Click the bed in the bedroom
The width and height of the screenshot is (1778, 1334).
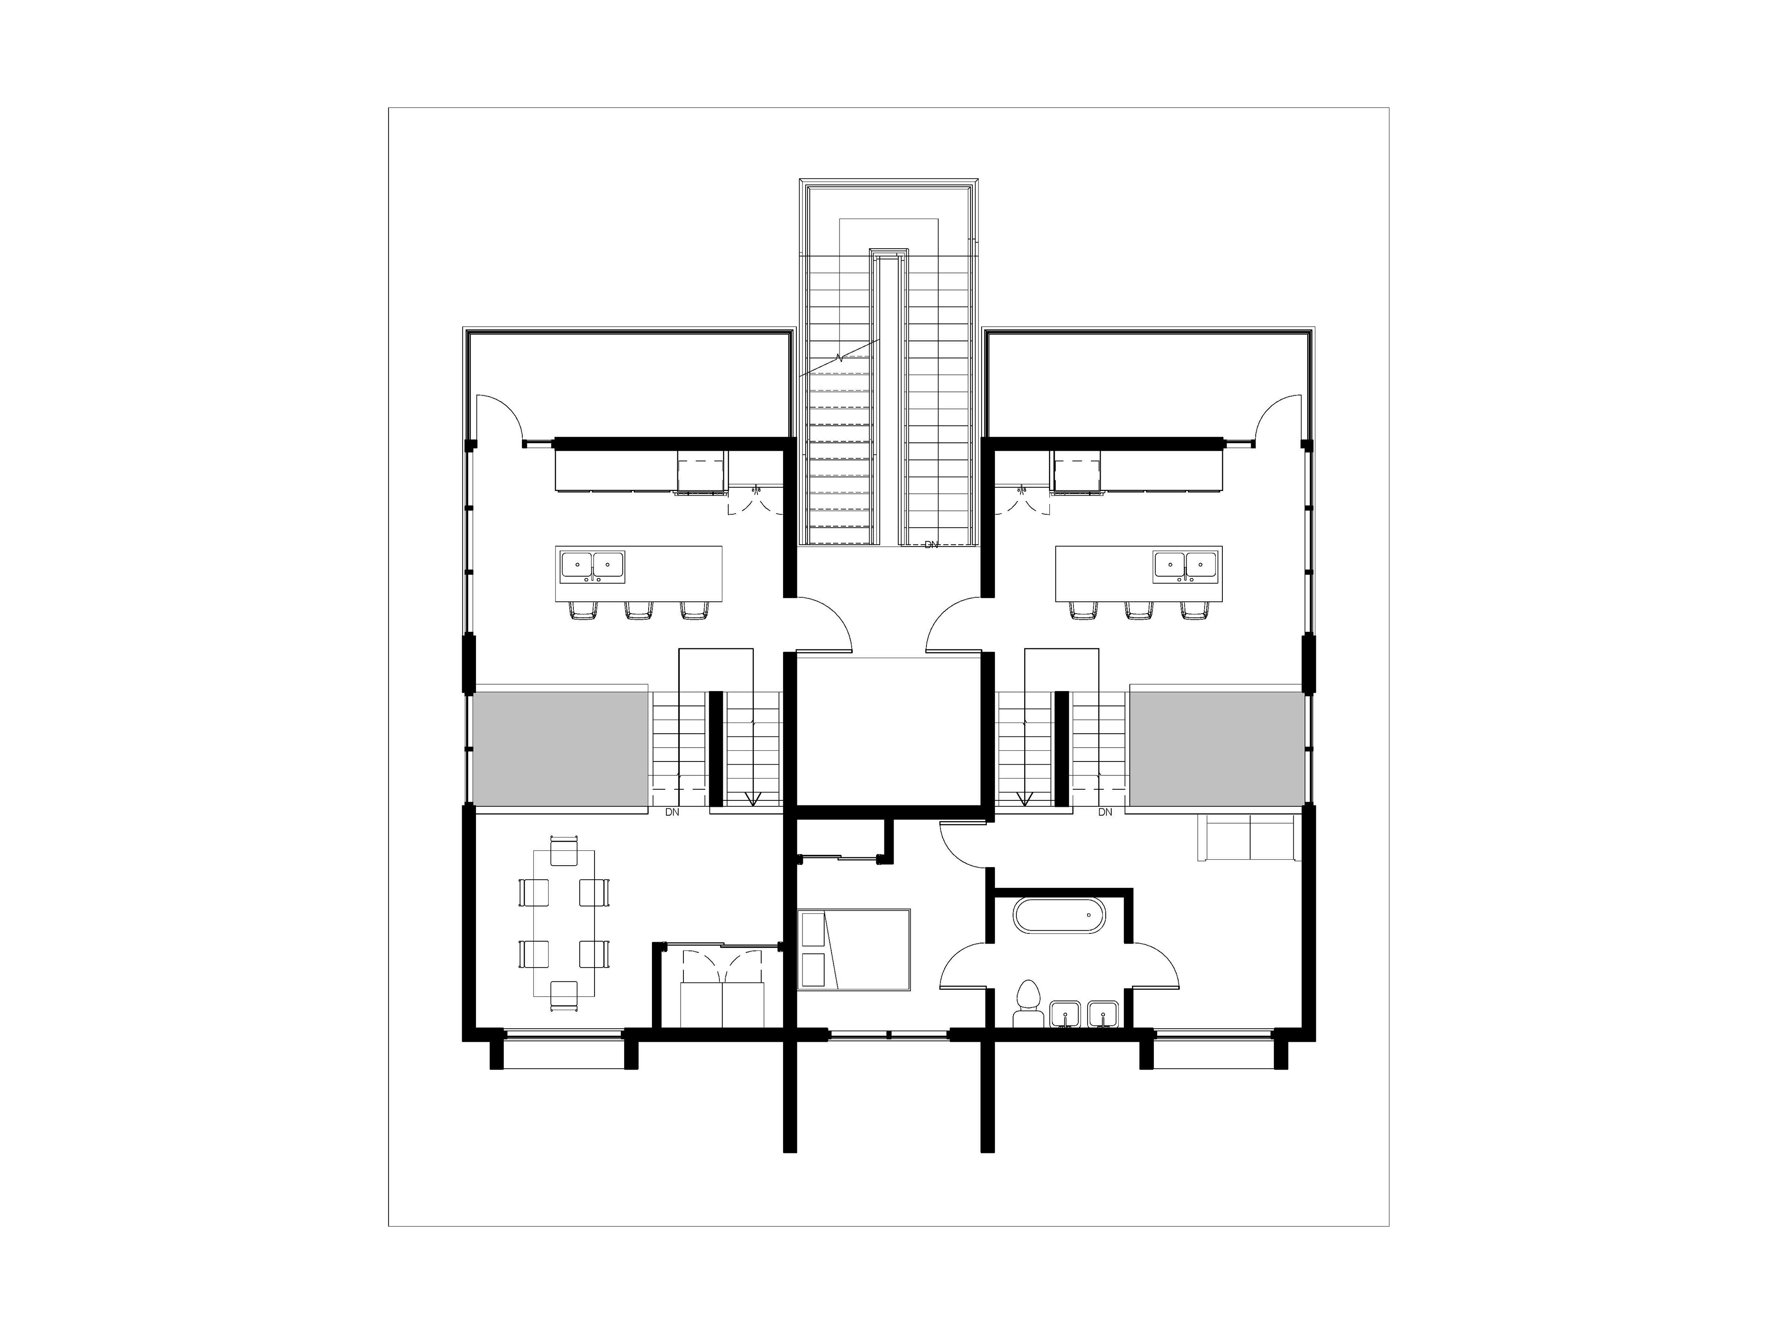[854, 949]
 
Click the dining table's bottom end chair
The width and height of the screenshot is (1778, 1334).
[563, 995]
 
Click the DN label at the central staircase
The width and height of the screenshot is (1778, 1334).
[931, 545]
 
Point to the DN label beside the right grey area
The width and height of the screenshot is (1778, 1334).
[1105, 812]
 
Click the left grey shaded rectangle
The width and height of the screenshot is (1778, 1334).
[560, 749]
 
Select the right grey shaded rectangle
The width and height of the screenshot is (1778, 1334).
[1217, 749]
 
